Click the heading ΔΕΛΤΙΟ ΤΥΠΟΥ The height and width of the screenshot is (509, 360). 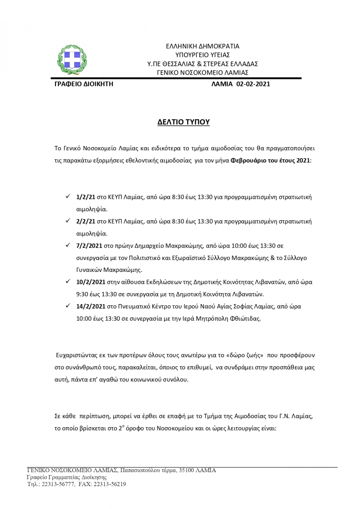(181, 122)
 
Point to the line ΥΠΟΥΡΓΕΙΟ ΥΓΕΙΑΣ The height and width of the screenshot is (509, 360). (202, 55)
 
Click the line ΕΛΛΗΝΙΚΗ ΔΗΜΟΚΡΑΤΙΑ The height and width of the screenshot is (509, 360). (202, 46)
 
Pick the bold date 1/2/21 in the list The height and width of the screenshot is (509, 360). (86, 197)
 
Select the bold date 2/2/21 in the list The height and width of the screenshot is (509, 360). (86, 221)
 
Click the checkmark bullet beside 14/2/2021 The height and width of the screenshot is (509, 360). (68, 306)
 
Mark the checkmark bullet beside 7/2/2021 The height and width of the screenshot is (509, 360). (68, 245)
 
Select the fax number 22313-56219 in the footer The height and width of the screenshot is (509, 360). (110, 484)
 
